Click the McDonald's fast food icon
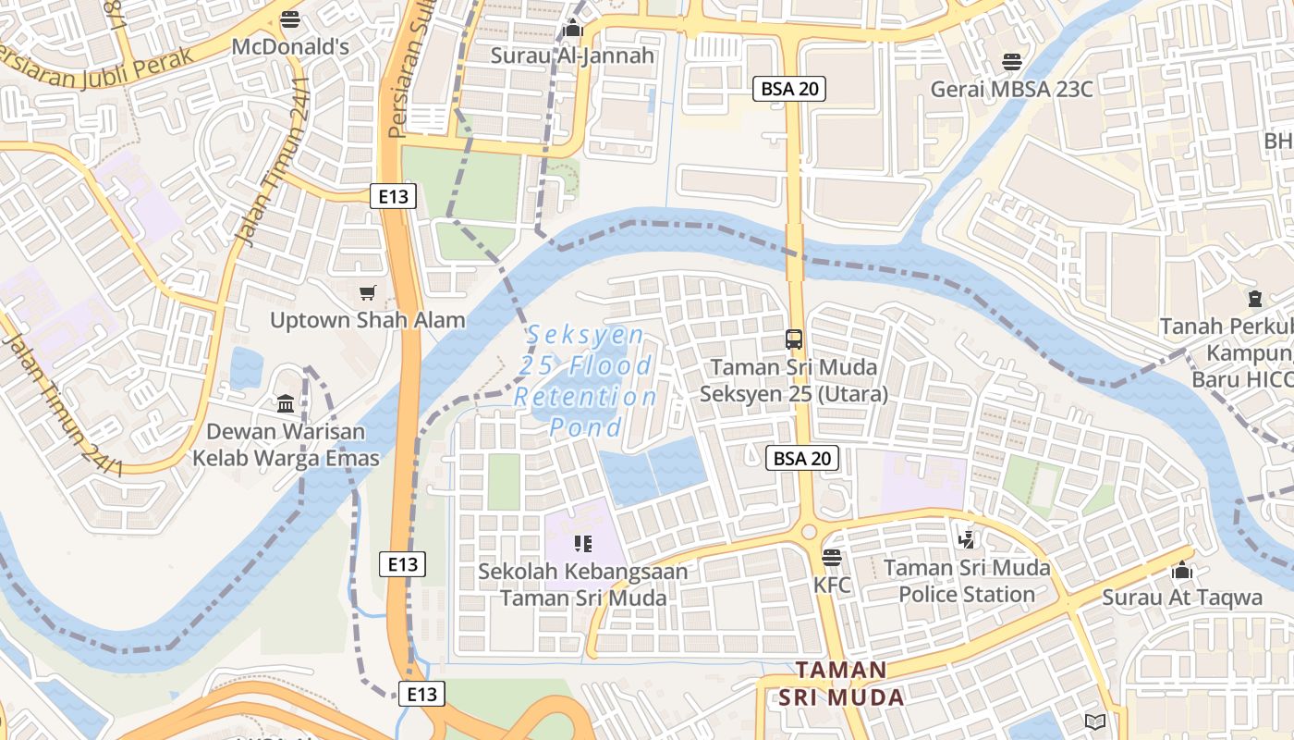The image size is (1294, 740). tap(290, 18)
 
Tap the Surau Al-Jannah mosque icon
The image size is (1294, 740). tap(572, 29)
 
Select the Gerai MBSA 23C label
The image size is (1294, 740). tap(1011, 89)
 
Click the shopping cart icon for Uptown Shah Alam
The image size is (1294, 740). tap(368, 293)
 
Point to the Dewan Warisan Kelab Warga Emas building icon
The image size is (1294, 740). tap(286, 404)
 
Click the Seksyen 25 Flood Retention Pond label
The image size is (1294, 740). tap(585, 381)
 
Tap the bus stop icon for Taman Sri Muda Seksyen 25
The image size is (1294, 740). tap(794, 339)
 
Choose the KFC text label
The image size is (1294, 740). tap(832, 586)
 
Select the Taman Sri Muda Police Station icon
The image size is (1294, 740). tap(966, 538)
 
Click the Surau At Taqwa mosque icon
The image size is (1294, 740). tap(1182, 571)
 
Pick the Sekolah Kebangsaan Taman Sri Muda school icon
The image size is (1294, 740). tap(582, 544)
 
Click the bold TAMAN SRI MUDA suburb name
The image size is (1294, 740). tap(841, 684)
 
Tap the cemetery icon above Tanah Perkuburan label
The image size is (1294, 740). tap(1254, 299)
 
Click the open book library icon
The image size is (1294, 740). tap(1095, 721)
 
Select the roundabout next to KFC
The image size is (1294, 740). tap(810, 532)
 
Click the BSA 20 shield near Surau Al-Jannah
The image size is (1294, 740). tap(788, 89)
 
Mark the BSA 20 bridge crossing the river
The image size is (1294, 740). tap(795, 252)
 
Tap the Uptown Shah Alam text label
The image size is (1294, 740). tap(368, 320)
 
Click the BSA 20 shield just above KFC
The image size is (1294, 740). tap(801, 458)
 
